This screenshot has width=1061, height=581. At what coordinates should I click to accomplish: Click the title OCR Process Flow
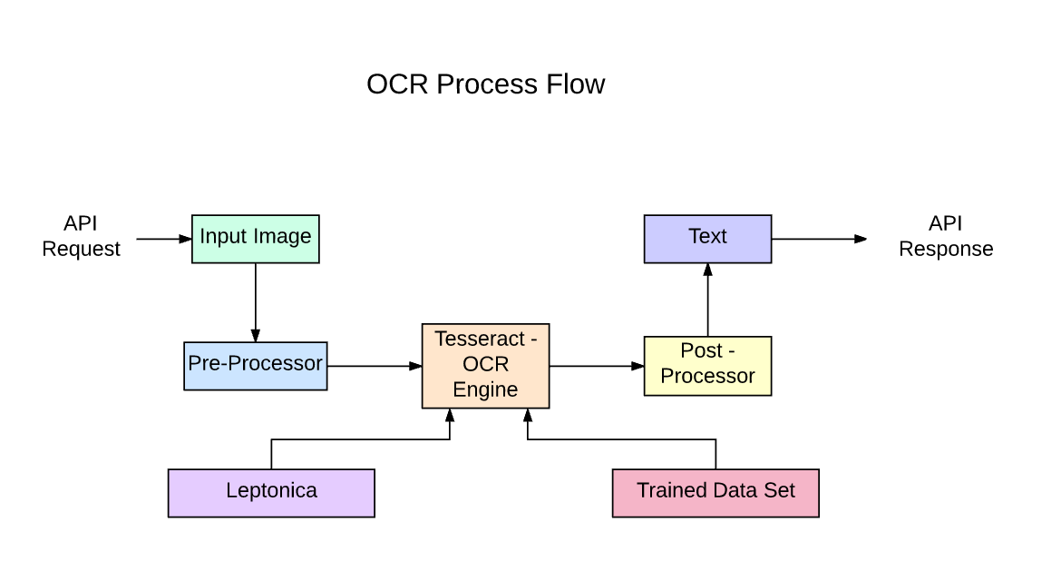tap(485, 84)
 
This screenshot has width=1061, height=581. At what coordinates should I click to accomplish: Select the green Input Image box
tap(255, 239)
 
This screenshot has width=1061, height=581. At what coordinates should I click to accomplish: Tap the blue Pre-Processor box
tap(255, 365)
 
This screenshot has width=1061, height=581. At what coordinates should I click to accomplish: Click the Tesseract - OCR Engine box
tap(485, 365)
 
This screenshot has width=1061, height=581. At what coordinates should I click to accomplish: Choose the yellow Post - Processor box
tap(707, 365)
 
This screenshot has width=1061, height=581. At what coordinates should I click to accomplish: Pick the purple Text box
tap(707, 239)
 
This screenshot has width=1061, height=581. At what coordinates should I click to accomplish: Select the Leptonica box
tap(271, 492)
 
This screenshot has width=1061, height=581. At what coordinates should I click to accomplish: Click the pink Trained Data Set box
tap(715, 492)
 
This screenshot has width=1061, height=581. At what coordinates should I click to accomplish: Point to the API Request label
tap(81, 236)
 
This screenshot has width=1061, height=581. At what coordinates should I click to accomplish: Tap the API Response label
tap(946, 236)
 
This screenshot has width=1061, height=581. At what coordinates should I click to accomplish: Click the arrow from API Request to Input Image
tap(163, 239)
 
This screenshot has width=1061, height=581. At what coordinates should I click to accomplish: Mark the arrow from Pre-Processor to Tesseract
tap(374, 366)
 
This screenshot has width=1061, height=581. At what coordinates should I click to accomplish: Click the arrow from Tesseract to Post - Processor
tap(596, 366)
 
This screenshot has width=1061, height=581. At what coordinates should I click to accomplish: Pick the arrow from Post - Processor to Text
tap(707, 300)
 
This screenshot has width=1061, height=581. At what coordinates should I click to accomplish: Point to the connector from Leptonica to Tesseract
tap(363, 440)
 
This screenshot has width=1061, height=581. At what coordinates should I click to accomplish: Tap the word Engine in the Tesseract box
tap(485, 390)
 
